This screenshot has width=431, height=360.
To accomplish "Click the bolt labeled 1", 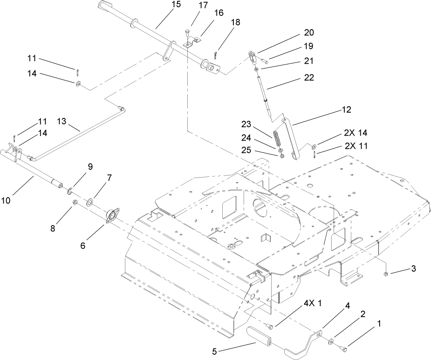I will pos(344,349).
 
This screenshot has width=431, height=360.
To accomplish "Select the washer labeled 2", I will pos(331,341).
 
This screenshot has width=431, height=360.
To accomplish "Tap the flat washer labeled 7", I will pos(89,202).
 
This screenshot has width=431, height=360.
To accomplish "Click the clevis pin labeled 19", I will pos(264,61).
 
